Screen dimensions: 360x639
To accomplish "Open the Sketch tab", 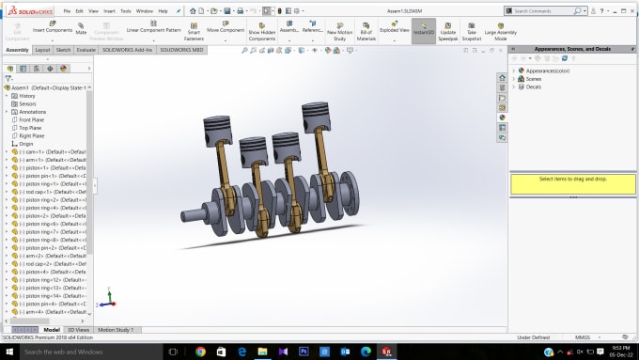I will click(63, 49).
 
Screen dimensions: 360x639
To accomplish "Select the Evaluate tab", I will click(86, 49).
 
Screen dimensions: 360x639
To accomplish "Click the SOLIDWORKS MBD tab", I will click(184, 49).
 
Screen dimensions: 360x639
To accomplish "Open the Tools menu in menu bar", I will click(125, 11).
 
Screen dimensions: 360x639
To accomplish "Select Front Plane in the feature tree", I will click(32, 119).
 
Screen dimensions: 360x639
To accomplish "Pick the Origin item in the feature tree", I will click(26, 144).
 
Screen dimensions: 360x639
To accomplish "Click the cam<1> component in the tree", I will click(53, 151).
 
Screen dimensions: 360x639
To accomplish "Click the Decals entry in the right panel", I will click(534, 86).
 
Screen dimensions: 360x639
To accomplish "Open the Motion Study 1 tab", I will click(117, 330).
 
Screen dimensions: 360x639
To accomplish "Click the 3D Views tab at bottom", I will click(80, 330).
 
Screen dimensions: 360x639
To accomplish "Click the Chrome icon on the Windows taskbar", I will click(200, 351).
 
